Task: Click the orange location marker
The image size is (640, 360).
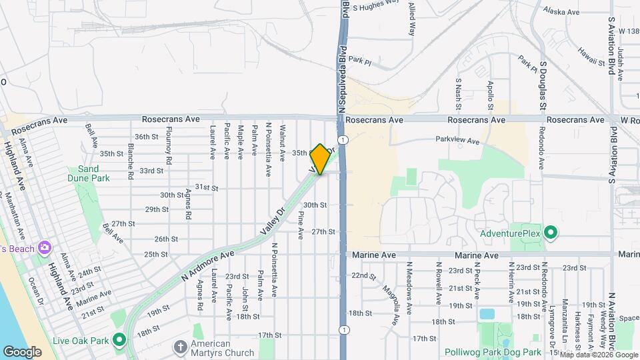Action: pyautogui.click(x=321, y=159)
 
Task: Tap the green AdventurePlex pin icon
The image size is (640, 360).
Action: pyautogui.click(x=550, y=233)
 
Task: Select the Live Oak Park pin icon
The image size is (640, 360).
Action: pyautogui.click(x=119, y=341)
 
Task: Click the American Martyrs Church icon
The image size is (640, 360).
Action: pyautogui.click(x=180, y=347)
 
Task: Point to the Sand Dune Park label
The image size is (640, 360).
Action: pyautogui.click(x=88, y=174)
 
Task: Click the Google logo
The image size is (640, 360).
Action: pyautogui.click(x=22, y=351)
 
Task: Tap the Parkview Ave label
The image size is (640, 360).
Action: pyautogui.click(x=457, y=141)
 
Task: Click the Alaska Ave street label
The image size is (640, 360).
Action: pyautogui.click(x=559, y=11)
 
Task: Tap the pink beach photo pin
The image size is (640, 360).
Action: pyautogui.click(x=45, y=248)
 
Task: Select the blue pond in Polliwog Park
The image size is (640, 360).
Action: pyautogui.click(x=487, y=313)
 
